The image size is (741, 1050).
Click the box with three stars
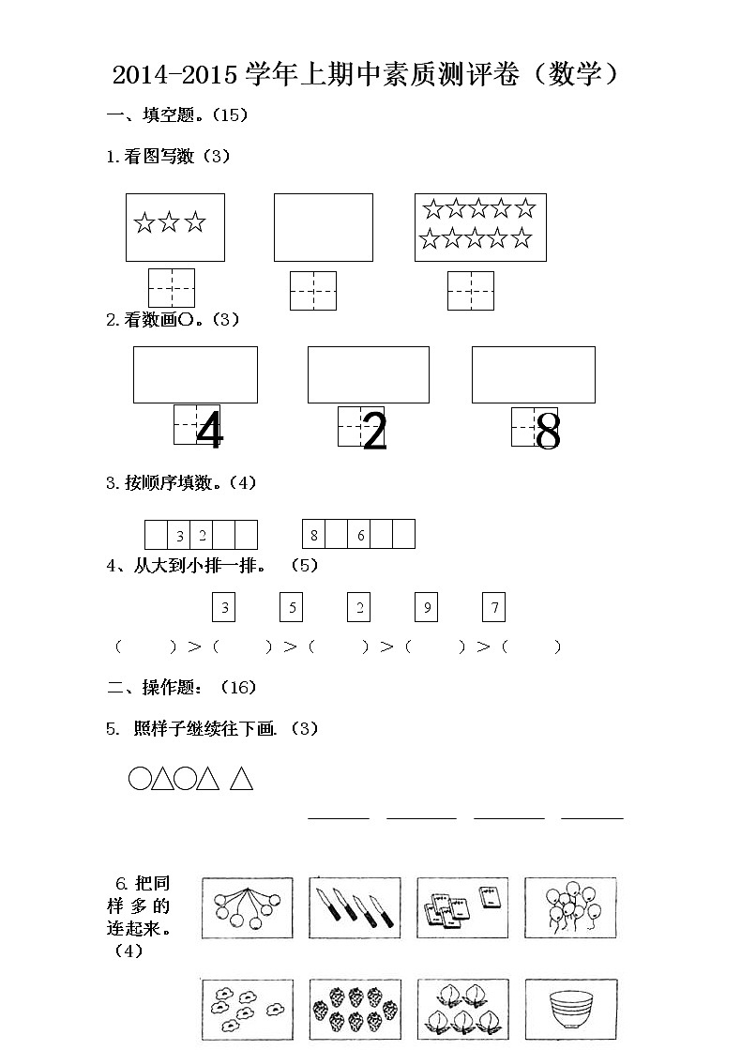click(x=175, y=227)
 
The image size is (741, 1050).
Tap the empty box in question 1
click(x=323, y=227)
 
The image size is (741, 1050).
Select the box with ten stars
click(x=479, y=227)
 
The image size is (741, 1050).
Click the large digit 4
click(x=210, y=433)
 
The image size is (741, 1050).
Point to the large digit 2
click(x=373, y=433)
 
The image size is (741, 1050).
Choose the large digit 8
click(x=548, y=433)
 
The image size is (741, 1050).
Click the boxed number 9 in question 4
click(x=426, y=608)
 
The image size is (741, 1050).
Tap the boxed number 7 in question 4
click(x=493, y=608)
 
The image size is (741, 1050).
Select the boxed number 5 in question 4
click(x=292, y=608)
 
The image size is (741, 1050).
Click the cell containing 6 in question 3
click(x=360, y=535)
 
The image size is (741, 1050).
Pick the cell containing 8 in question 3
click(x=314, y=535)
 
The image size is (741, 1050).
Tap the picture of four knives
click(x=355, y=907)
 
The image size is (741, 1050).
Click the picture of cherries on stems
click(x=248, y=907)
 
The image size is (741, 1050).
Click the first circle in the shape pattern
click(x=139, y=779)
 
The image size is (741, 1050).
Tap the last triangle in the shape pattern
click(x=242, y=779)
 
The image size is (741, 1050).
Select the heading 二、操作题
click(x=154, y=688)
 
